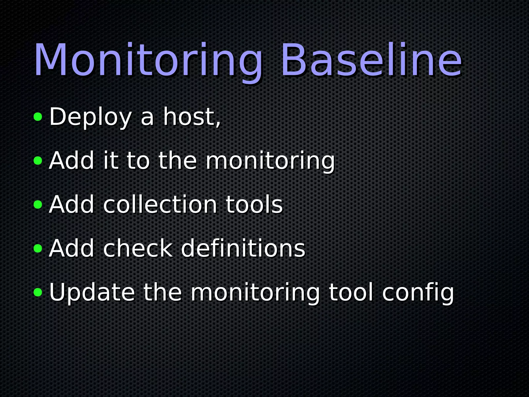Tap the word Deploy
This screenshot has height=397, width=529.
(x=90, y=117)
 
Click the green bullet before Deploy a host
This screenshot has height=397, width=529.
(x=38, y=117)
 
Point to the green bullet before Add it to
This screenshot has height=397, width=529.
(x=38, y=161)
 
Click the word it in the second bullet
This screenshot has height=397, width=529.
(x=111, y=161)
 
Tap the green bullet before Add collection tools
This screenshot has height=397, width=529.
(x=38, y=205)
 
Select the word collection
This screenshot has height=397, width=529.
(x=160, y=205)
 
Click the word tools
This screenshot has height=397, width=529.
(x=254, y=205)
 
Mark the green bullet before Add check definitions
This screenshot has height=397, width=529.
(x=38, y=249)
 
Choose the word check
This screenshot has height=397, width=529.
(x=138, y=249)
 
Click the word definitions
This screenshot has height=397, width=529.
(x=243, y=249)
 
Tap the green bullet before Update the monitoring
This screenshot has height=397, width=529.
(x=38, y=293)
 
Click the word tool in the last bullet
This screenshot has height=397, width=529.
(x=351, y=293)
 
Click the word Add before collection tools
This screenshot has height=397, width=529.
(x=72, y=205)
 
